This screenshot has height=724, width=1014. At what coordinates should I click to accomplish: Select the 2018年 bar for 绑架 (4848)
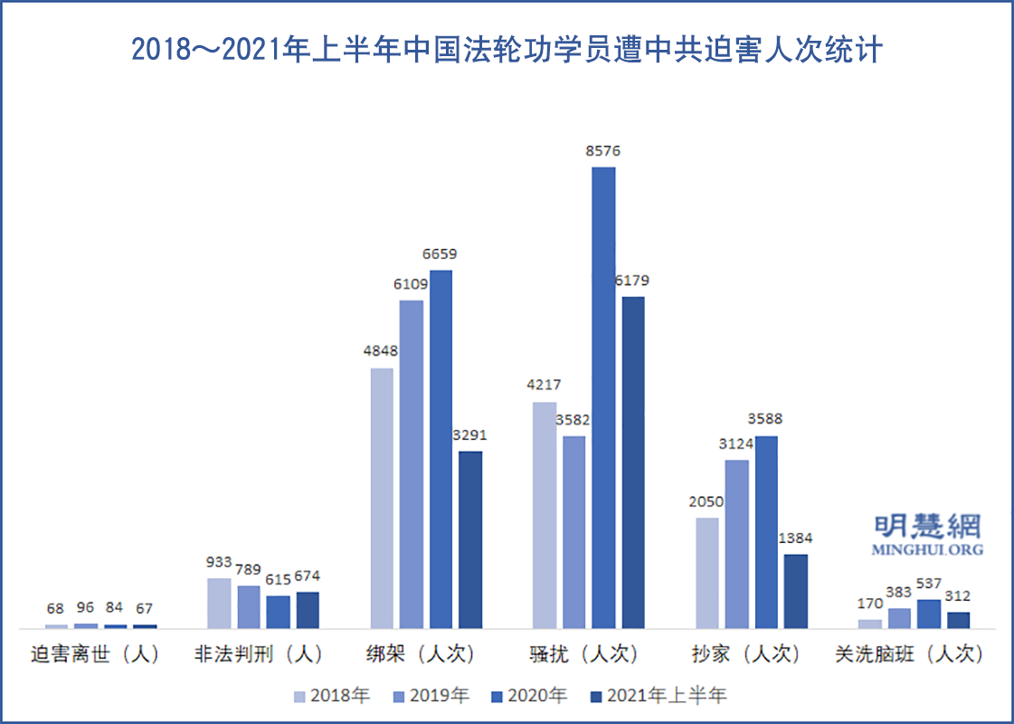382,497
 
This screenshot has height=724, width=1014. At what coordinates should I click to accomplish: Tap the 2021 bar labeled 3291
470,538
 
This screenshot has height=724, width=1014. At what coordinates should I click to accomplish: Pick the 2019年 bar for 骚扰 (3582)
573,531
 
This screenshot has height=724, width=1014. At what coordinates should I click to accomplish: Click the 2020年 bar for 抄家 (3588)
766,531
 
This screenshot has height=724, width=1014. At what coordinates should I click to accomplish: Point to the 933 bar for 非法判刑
219,603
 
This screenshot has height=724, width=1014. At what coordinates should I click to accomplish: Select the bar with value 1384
795,590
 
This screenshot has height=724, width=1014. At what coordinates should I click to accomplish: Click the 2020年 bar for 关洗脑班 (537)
928,613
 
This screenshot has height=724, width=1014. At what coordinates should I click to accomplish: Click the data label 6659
440,254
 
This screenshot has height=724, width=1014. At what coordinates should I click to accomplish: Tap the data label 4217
543,386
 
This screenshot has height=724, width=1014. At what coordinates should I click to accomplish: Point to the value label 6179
631,281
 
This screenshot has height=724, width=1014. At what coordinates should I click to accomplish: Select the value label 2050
706,501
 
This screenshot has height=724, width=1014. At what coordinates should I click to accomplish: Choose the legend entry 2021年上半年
658,696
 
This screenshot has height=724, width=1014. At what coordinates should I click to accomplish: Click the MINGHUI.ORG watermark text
927,549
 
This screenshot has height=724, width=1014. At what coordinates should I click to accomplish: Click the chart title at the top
507,50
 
